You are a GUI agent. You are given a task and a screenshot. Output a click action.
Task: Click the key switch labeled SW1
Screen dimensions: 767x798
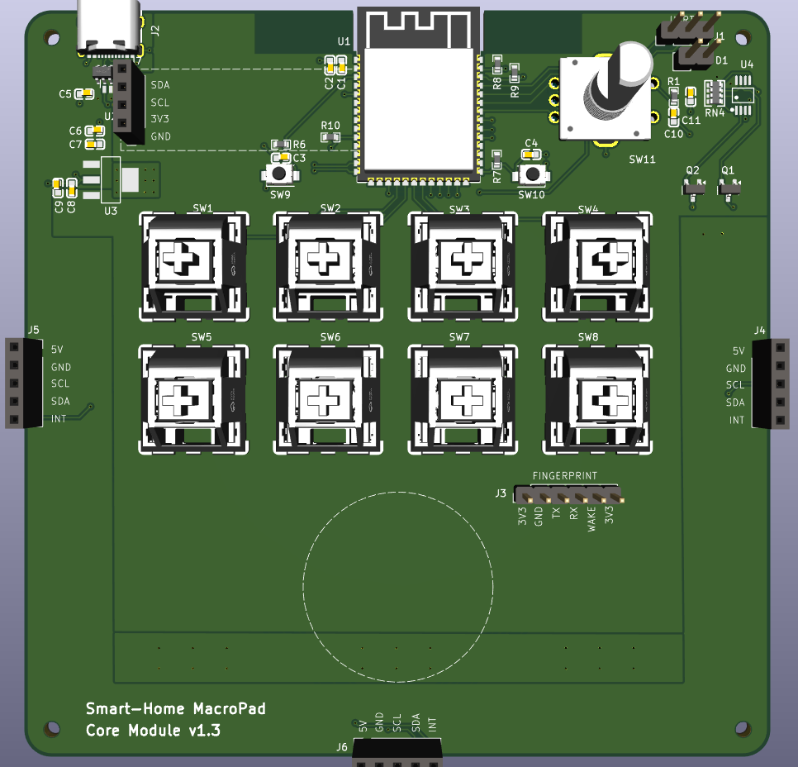pyautogui.click(x=193, y=264)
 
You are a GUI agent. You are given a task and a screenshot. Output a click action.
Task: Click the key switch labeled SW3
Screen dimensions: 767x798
pyautogui.click(x=462, y=264)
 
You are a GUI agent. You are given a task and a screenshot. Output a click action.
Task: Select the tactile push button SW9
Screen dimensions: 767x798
pyautogui.click(x=280, y=174)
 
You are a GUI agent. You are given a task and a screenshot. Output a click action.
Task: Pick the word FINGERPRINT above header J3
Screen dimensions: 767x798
pyautogui.click(x=564, y=476)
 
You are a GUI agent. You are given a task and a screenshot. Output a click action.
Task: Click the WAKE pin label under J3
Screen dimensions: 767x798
pyautogui.click(x=591, y=521)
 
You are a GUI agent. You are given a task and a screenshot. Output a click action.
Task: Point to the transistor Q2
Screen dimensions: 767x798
pyautogui.click(x=695, y=189)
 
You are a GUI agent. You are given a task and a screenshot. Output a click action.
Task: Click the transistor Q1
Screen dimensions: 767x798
pyautogui.click(x=729, y=189)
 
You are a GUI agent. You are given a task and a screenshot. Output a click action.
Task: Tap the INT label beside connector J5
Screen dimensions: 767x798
pyautogui.click(x=59, y=419)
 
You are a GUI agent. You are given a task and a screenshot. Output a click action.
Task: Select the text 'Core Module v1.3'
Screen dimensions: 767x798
pyautogui.click(x=153, y=731)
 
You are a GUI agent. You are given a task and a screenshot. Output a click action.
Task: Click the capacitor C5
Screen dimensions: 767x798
pyautogui.click(x=83, y=94)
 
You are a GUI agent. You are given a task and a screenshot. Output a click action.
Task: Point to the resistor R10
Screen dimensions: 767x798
pyautogui.click(x=330, y=136)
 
